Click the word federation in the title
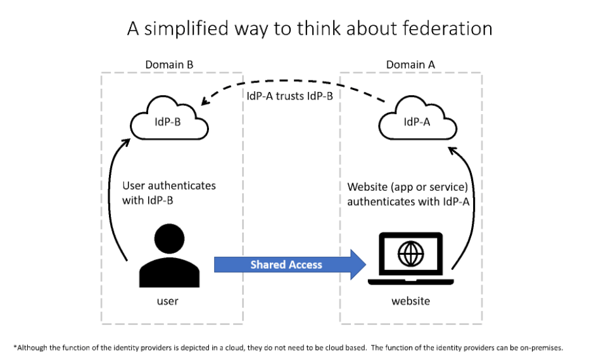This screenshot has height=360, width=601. coord(447,29)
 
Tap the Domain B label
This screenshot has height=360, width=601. coord(169,65)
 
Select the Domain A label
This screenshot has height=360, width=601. coord(410,65)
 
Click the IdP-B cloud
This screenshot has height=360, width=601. coord(169,119)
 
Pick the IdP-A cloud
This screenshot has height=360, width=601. coord(417,119)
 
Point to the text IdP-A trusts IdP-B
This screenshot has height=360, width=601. coord(290,96)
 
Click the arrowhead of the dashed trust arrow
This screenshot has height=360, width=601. coord(205,101)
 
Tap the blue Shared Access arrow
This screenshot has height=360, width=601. coord(290,264)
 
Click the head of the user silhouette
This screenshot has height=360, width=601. coord(170,239)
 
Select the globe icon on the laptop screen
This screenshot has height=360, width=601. coord(410,254)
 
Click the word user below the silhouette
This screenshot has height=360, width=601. coord(167,301)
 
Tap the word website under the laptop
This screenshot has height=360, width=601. coord(410,301)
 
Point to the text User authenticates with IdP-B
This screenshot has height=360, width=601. coord(169,193)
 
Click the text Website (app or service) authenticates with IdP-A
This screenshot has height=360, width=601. coord(408,194)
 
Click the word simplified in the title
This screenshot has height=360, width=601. coord(186,29)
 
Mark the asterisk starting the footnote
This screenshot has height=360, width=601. coord(15,347)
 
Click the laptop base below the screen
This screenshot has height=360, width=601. coord(410,282)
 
